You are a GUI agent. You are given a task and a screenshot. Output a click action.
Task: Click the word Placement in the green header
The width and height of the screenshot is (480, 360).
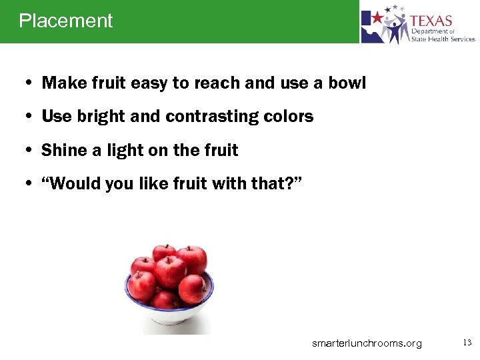coord(66,21)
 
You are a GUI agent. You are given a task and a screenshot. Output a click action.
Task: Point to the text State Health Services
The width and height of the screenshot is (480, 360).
coord(443,39)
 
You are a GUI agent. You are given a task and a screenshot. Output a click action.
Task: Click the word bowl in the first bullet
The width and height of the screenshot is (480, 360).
coord(347,83)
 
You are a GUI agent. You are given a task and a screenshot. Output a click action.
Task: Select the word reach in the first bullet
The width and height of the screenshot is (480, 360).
coord(217,83)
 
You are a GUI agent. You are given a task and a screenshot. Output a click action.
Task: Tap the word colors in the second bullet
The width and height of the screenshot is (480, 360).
coord(288,117)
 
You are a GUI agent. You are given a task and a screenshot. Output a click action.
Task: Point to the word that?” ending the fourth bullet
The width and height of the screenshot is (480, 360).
coord(281,184)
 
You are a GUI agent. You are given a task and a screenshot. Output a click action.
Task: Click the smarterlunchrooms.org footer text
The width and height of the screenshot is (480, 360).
coord(367,343)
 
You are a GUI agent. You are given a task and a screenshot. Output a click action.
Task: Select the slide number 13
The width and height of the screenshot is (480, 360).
coord(467,343)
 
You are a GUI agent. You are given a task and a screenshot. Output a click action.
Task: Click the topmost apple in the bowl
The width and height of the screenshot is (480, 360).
coord(164,253)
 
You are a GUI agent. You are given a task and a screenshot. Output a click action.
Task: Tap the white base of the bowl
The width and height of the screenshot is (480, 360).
coord(169,319)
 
